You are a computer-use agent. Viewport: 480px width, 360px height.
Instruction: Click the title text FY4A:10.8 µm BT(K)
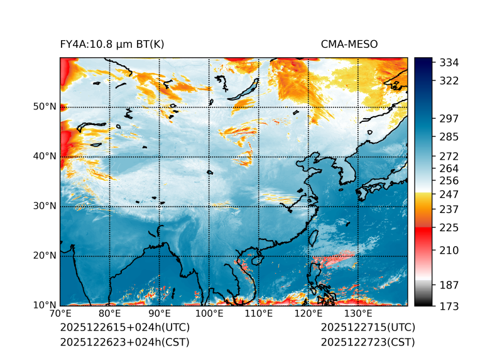click(112, 44)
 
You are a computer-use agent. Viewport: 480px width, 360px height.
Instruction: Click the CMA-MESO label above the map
click(349, 44)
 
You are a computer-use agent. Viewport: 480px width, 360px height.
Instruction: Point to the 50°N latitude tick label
click(45, 107)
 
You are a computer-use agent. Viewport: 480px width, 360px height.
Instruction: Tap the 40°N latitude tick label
click(45, 156)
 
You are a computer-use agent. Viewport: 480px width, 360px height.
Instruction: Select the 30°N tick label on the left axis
click(45, 206)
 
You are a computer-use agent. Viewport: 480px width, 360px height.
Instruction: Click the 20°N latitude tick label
click(45, 256)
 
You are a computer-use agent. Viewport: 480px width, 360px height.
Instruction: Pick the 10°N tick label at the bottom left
click(45, 305)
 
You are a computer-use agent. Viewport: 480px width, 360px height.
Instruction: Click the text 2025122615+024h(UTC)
click(124, 328)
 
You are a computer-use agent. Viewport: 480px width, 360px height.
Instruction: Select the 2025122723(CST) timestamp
click(368, 342)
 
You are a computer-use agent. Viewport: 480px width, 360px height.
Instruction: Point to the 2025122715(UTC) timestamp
click(368, 328)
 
